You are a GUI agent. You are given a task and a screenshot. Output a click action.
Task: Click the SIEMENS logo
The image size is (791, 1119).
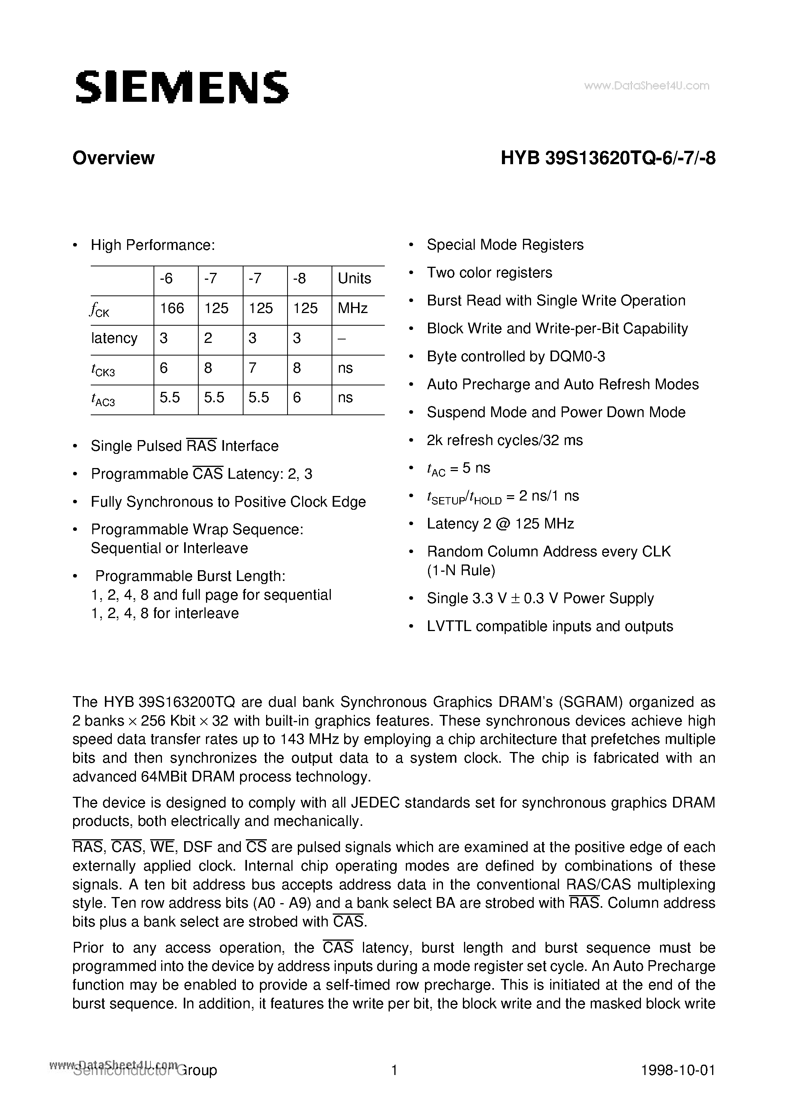181,88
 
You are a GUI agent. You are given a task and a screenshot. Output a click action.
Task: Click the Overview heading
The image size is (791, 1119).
113,158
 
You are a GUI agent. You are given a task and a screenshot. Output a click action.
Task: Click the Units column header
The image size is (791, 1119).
354,278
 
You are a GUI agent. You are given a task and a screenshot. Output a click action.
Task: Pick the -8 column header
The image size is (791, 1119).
299,278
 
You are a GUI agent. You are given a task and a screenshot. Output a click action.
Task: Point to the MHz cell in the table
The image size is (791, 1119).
352,308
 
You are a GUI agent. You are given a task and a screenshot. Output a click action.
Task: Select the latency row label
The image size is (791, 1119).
114,338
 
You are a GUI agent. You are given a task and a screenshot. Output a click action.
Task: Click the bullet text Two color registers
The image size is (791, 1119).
489,272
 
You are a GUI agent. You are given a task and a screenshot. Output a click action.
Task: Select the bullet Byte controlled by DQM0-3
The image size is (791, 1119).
515,357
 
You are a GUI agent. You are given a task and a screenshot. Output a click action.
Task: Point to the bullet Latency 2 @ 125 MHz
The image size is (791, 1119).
500,524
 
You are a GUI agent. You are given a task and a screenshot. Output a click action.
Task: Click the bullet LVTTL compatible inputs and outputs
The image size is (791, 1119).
550,626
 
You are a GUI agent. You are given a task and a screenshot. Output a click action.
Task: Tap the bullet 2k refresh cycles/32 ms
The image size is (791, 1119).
504,440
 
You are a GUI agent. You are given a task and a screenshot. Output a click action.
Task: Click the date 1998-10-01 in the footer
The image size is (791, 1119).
678,1071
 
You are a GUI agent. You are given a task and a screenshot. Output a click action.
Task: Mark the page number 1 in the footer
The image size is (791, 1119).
394,1071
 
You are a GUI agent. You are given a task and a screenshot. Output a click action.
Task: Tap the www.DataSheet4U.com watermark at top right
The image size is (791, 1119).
646,86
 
